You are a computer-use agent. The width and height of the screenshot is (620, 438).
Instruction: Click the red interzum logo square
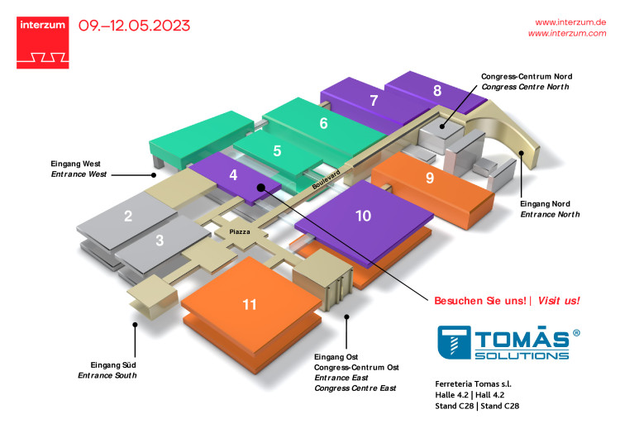click(x=43, y=43)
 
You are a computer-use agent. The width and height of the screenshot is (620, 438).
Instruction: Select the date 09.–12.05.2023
click(x=134, y=26)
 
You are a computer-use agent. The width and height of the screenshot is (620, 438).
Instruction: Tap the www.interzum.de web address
click(x=570, y=22)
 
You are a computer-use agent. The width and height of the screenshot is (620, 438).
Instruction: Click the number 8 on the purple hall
click(x=437, y=91)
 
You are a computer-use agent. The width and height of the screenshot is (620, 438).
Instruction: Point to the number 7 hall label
click(x=374, y=100)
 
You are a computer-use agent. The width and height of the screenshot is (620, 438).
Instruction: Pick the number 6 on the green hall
click(x=323, y=123)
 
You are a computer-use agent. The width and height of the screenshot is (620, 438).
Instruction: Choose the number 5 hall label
click(x=277, y=150)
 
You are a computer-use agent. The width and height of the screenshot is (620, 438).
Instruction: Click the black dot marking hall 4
click(x=260, y=188)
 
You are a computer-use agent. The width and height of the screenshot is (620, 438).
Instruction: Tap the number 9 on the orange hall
click(x=430, y=178)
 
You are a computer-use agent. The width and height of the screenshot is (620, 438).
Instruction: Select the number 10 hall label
click(x=363, y=216)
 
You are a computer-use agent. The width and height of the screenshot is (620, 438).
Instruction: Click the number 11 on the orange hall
click(x=250, y=304)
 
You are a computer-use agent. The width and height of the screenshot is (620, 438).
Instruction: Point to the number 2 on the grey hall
click(x=128, y=216)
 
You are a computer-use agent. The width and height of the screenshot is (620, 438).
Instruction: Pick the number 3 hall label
click(x=160, y=240)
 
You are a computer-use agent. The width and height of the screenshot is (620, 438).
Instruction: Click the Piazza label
click(x=240, y=231)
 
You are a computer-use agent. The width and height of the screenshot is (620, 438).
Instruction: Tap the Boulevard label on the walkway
click(x=327, y=179)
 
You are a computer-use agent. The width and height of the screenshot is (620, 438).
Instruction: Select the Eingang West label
click(x=75, y=164)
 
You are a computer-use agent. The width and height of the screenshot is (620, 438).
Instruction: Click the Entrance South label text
click(x=107, y=375)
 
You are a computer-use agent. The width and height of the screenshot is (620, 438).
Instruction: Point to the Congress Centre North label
click(x=525, y=87)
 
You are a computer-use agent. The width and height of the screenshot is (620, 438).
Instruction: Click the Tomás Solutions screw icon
click(x=454, y=342)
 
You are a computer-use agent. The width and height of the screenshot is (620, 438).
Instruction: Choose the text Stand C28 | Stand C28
click(x=477, y=406)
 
